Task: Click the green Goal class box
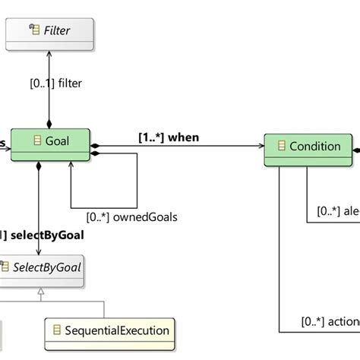pos(50,145)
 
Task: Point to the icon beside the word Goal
pos(37,141)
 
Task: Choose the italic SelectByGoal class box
pos(42,269)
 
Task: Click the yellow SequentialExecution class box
pos(107,330)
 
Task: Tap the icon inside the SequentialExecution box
pos(55,330)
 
